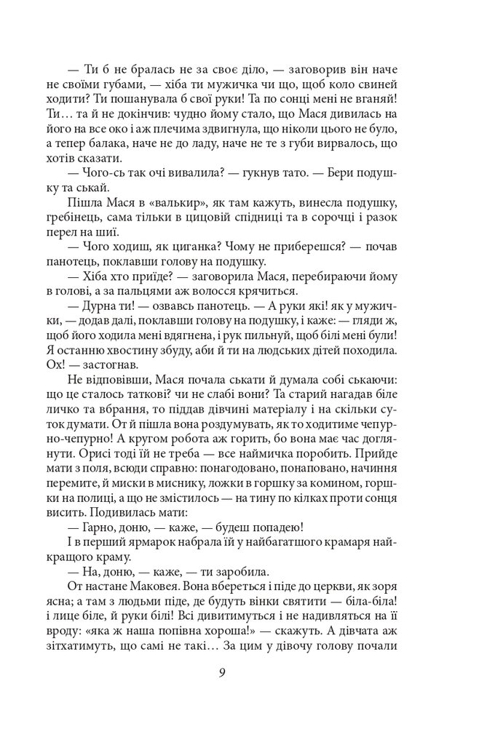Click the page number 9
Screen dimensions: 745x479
pyautogui.click(x=221, y=672)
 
